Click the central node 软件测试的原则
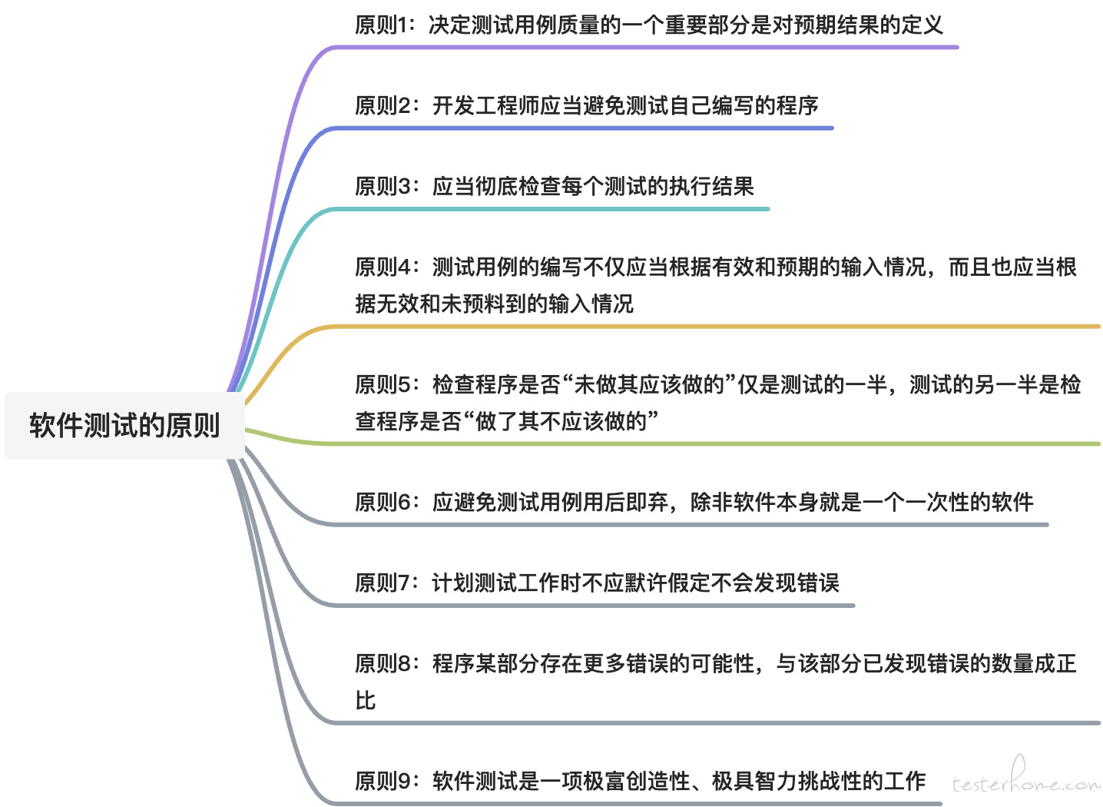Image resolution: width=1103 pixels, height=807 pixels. (x=124, y=425)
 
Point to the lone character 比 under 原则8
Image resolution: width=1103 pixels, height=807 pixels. (x=366, y=701)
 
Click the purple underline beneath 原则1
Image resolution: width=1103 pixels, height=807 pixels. (x=645, y=48)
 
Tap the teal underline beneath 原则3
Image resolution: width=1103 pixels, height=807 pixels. (x=551, y=209)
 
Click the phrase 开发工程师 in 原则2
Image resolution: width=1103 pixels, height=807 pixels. (x=485, y=106)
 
